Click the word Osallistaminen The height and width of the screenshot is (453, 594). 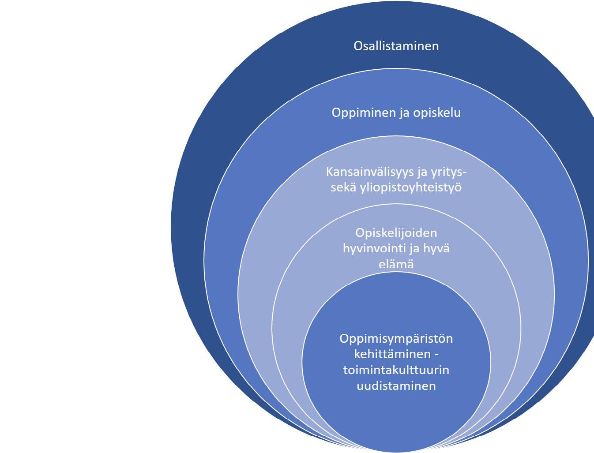pos(396,46)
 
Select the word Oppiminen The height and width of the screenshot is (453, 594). pos(364,113)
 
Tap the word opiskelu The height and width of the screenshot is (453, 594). pos(437,113)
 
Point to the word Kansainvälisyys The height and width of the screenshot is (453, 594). pos(369,172)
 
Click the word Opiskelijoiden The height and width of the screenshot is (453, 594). pos(396,233)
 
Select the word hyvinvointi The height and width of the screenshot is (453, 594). pos(374,249)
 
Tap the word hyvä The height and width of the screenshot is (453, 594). pos(436,249)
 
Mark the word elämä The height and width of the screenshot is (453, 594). pos(396,264)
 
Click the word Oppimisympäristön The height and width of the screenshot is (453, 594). pos(396,339)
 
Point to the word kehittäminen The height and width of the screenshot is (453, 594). pos(392,354)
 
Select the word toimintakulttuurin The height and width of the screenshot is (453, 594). pos(396,370)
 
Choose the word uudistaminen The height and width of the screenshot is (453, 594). pos(396,385)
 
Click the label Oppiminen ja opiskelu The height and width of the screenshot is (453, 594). pos(396,113)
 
